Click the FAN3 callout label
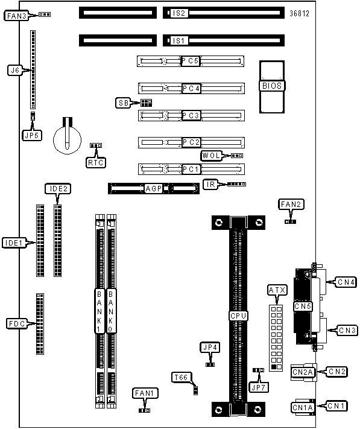[x=16, y=16]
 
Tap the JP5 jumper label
[x=32, y=135]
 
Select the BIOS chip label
[x=272, y=86]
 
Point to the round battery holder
[x=68, y=139]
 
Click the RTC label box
[x=96, y=162]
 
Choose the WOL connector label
[x=211, y=156]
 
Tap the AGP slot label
[x=154, y=188]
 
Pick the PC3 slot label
[x=191, y=115]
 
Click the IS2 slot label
[x=178, y=13]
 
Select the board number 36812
[x=299, y=13]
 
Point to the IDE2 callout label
[x=58, y=189]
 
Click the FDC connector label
[x=17, y=323]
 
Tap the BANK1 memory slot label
[x=99, y=311]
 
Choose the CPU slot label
[x=238, y=316]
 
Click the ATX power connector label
[x=277, y=290]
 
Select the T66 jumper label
[x=182, y=378]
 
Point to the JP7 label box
[x=258, y=387]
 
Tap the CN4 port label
[x=346, y=282]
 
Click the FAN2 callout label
[x=291, y=205]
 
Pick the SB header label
[x=124, y=103]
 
